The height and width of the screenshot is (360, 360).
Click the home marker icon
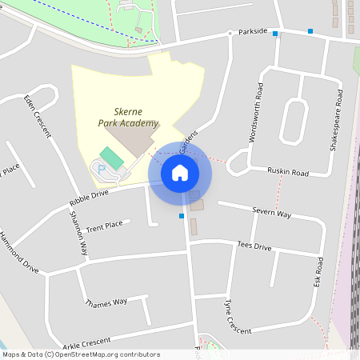click(x=180, y=172)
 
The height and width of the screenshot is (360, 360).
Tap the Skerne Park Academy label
click(x=128, y=118)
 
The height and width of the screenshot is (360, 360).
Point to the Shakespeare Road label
click(x=339, y=121)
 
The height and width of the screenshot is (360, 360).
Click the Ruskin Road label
click(x=288, y=172)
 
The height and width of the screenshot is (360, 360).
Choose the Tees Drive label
click(x=254, y=246)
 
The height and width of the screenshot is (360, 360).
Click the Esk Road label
click(x=318, y=273)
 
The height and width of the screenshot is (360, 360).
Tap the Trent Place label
click(x=104, y=226)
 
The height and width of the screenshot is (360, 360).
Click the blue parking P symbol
click(x=102, y=170)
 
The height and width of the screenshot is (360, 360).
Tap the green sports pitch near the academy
click(x=112, y=158)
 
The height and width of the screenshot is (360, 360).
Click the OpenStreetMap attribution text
click(x=81, y=354)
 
